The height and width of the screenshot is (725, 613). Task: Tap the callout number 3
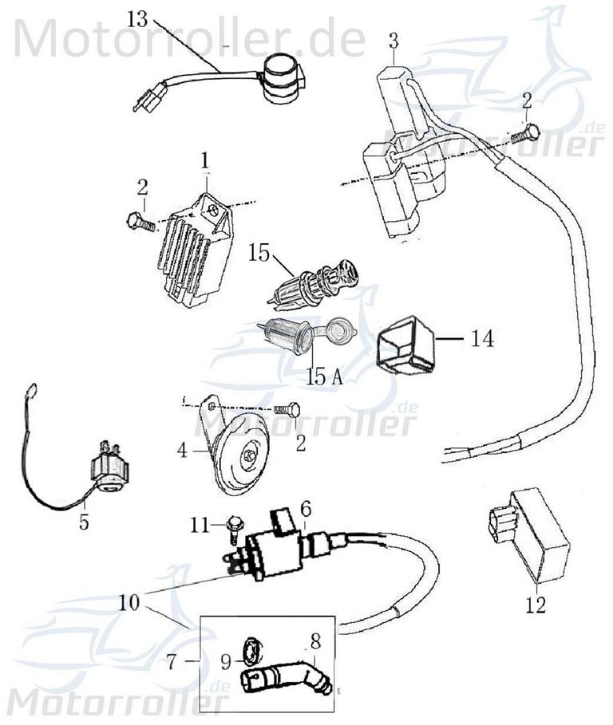(394, 39)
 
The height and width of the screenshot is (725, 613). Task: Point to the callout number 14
(481, 339)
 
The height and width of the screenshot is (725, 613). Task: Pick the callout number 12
(536, 605)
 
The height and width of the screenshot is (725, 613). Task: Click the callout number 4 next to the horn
(183, 451)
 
